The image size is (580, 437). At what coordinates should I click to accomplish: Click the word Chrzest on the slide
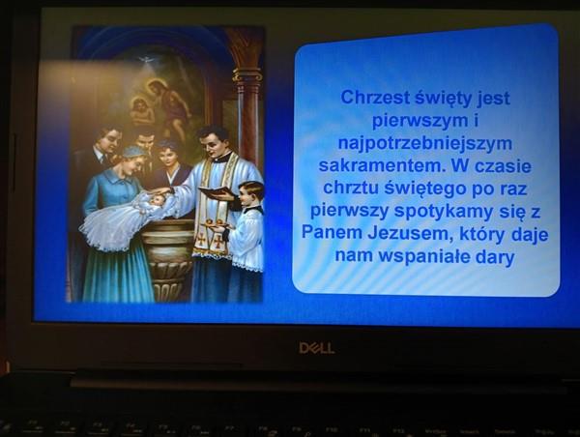[x=374, y=98]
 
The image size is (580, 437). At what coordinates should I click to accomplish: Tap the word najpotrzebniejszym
[x=425, y=144]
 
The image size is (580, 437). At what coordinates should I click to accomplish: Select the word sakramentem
[x=382, y=165]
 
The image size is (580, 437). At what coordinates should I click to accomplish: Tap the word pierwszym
[x=420, y=121]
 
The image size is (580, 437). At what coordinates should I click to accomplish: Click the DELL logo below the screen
[x=317, y=348]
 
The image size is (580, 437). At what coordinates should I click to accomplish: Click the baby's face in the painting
[x=158, y=201]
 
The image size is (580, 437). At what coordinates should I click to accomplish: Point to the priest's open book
[x=217, y=191]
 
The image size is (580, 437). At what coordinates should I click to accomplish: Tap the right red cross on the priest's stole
[x=218, y=242]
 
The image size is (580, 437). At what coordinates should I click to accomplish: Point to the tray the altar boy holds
[x=216, y=224]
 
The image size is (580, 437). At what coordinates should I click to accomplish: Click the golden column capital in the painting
[x=247, y=76]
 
